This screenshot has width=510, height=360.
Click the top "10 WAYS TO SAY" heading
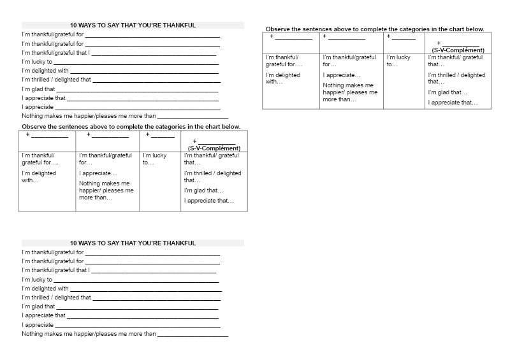(133, 25)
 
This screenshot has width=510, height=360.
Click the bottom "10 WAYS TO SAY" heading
(133, 243)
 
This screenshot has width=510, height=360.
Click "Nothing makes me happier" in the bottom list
(89, 334)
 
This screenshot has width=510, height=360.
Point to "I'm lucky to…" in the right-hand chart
(398, 61)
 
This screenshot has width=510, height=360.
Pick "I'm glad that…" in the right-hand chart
(448, 92)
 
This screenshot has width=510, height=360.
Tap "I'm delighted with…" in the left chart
(39, 176)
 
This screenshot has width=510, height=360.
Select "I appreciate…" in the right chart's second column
(342, 75)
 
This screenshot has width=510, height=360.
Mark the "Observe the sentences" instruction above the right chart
(375, 29)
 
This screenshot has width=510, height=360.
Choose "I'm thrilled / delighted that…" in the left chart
(212, 176)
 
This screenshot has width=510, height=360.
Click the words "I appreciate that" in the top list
(44, 98)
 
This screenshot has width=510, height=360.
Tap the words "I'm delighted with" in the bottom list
(45, 289)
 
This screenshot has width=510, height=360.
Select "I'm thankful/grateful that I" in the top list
(56, 53)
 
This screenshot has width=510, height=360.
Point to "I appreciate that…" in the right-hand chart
(453, 103)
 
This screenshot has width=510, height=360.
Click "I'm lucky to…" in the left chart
(154, 159)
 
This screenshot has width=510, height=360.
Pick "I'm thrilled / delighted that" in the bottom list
(57, 298)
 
